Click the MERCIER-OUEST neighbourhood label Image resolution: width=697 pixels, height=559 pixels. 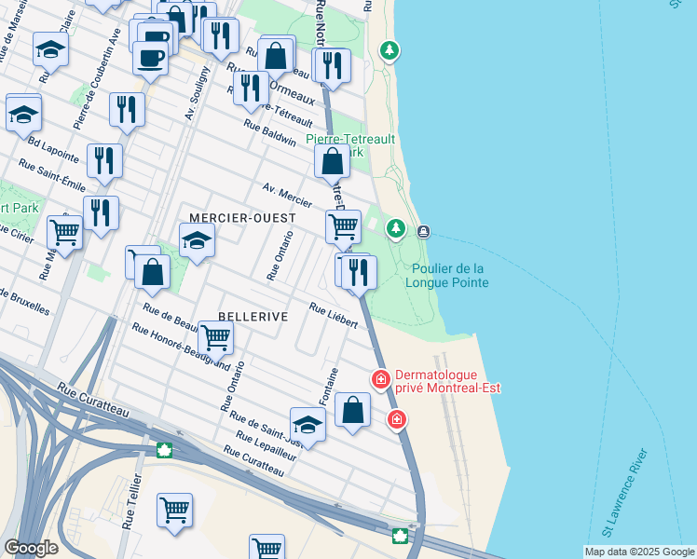(242, 217)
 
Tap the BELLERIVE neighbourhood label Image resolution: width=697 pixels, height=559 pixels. (253, 317)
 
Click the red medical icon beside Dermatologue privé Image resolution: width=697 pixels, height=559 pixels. (380, 378)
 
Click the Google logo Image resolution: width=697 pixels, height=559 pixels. (31, 548)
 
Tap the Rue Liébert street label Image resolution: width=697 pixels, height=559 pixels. (333, 315)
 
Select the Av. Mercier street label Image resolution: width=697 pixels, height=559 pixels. (287, 195)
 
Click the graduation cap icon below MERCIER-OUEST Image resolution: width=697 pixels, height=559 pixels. (197, 241)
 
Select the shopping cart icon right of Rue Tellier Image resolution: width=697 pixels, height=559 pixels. (174, 511)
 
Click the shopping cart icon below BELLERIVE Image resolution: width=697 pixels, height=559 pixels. (215, 337)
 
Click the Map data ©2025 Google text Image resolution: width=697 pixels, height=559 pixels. (638, 552)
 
